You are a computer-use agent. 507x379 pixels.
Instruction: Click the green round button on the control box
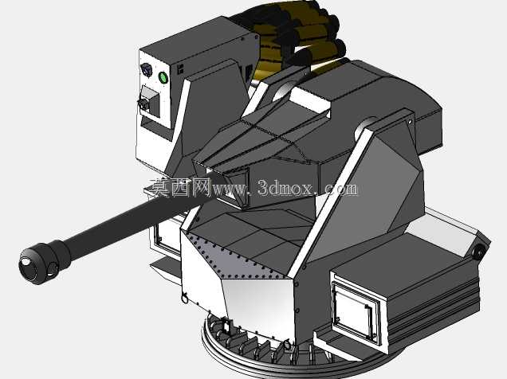point(163,77)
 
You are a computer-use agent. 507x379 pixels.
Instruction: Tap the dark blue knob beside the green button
point(147,69)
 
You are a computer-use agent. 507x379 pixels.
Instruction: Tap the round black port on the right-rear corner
point(480,251)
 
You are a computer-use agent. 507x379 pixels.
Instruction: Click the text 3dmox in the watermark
point(285,188)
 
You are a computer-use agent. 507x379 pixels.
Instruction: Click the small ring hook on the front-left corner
point(185,297)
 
